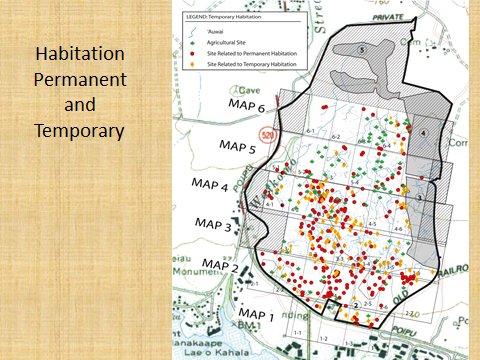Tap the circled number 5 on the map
click(x=361, y=49)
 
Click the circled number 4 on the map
click(x=423, y=133)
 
